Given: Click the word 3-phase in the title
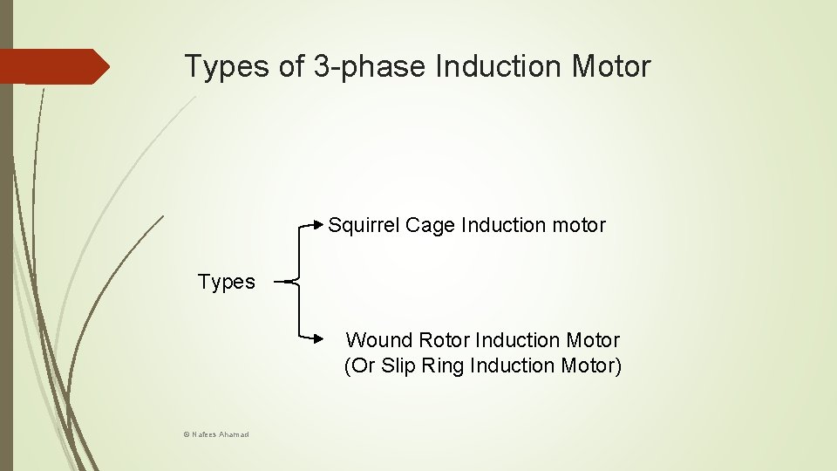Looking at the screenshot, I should [366, 66].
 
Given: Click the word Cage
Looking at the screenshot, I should [431, 225].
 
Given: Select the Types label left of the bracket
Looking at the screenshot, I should [227, 282].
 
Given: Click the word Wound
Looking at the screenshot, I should [379, 340].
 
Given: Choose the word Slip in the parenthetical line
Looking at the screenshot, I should [398, 365].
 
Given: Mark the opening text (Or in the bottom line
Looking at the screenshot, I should [360, 365].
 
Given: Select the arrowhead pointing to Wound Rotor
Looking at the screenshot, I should [318, 336].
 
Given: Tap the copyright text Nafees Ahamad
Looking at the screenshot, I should [209, 433].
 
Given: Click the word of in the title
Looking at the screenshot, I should [290, 66].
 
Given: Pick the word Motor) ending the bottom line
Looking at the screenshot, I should [594, 365].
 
